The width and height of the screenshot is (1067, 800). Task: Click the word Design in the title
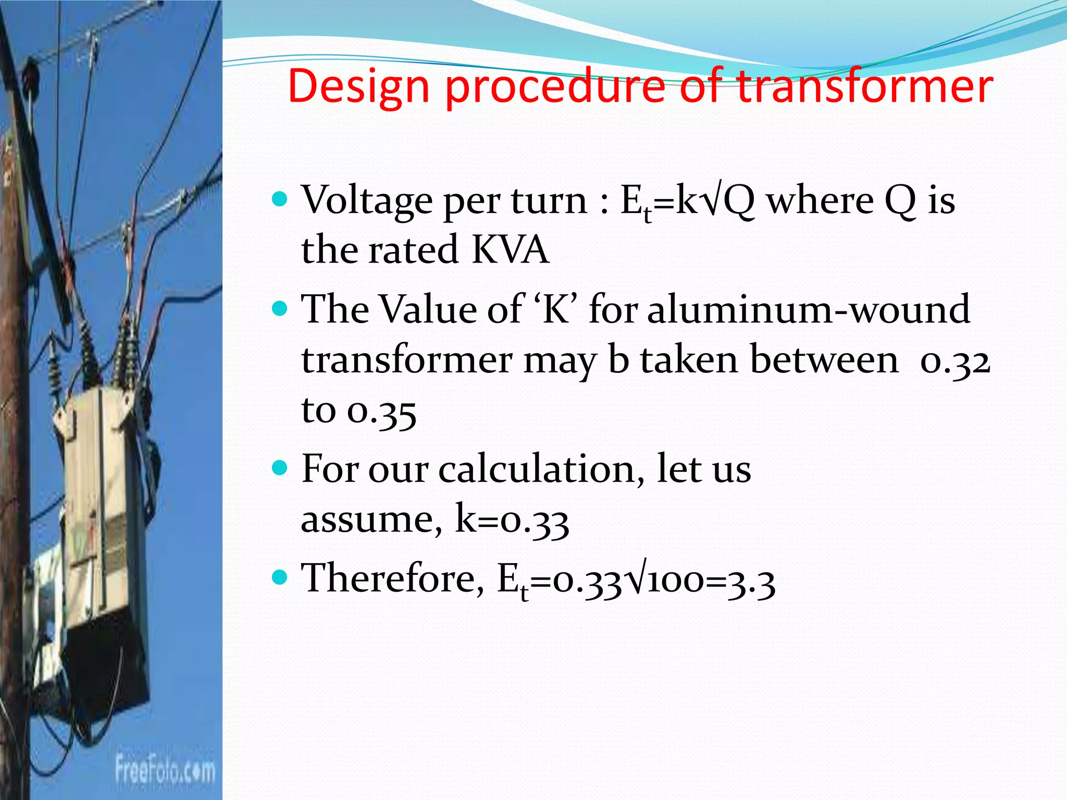[x=358, y=86]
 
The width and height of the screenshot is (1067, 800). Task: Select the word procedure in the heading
[x=555, y=86]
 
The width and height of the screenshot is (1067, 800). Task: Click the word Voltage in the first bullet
[x=367, y=201]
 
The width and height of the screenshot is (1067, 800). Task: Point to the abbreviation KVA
[x=510, y=250]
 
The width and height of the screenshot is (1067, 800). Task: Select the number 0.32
[x=954, y=361]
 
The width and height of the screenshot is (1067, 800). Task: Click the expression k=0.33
[x=512, y=520]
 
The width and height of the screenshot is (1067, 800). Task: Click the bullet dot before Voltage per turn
[x=280, y=199]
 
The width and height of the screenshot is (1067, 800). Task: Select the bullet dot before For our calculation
[x=280, y=468]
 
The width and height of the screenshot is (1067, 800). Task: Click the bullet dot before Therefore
[x=280, y=577]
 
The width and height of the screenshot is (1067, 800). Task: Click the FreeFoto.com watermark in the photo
[x=165, y=770]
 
